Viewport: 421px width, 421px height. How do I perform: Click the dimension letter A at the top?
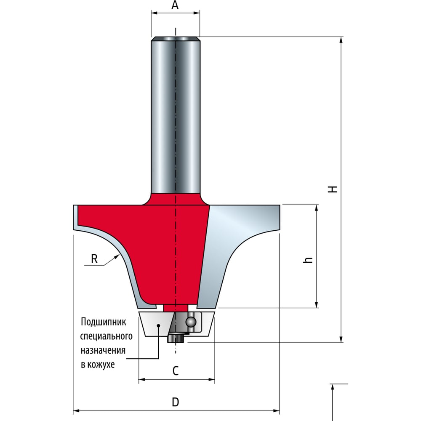[x=175, y=5]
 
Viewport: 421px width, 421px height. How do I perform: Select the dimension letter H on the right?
[x=333, y=189]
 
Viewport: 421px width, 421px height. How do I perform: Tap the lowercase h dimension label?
[x=308, y=260]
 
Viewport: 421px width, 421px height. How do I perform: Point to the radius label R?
[x=94, y=259]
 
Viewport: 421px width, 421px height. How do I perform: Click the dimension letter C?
[x=175, y=371]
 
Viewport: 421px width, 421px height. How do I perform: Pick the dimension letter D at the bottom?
[x=175, y=402]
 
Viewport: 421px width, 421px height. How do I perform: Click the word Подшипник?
[x=104, y=322]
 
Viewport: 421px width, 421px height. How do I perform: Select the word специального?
[x=107, y=336]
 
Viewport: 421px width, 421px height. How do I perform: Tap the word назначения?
[x=103, y=350]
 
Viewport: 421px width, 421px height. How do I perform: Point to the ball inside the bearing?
[x=191, y=322]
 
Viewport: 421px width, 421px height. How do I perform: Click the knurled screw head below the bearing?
[x=175, y=338]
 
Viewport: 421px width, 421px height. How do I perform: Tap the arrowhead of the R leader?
[x=117, y=256]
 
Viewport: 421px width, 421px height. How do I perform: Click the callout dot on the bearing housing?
[x=158, y=325]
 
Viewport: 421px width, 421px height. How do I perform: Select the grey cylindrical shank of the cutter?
[x=175, y=115]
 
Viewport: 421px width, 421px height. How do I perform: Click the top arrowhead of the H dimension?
[x=341, y=40]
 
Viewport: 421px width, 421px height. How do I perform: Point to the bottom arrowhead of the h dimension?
[x=317, y=304]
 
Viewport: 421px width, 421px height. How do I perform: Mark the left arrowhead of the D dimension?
[x=77, y=410]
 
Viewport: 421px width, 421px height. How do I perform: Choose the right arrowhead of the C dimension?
[x=212, y=379]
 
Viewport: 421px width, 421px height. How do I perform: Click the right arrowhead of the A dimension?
[x=197, y=13]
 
